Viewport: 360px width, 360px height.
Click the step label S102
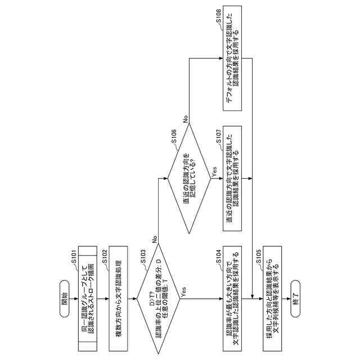(105, 256)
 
